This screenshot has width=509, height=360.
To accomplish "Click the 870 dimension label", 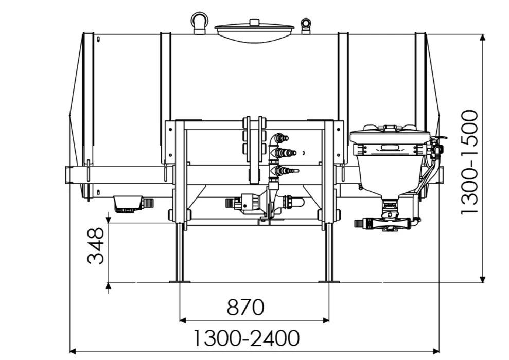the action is point(245,307).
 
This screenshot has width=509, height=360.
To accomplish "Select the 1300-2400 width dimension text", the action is point(247,338).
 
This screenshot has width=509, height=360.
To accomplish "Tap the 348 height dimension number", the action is point(96,246).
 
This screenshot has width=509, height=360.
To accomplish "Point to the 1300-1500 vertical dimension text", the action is point(469,162).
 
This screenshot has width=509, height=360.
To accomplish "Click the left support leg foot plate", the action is point(180,281).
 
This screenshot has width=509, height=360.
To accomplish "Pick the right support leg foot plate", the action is point(329,281).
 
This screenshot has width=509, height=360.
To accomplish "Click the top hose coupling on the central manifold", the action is point(281,138).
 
